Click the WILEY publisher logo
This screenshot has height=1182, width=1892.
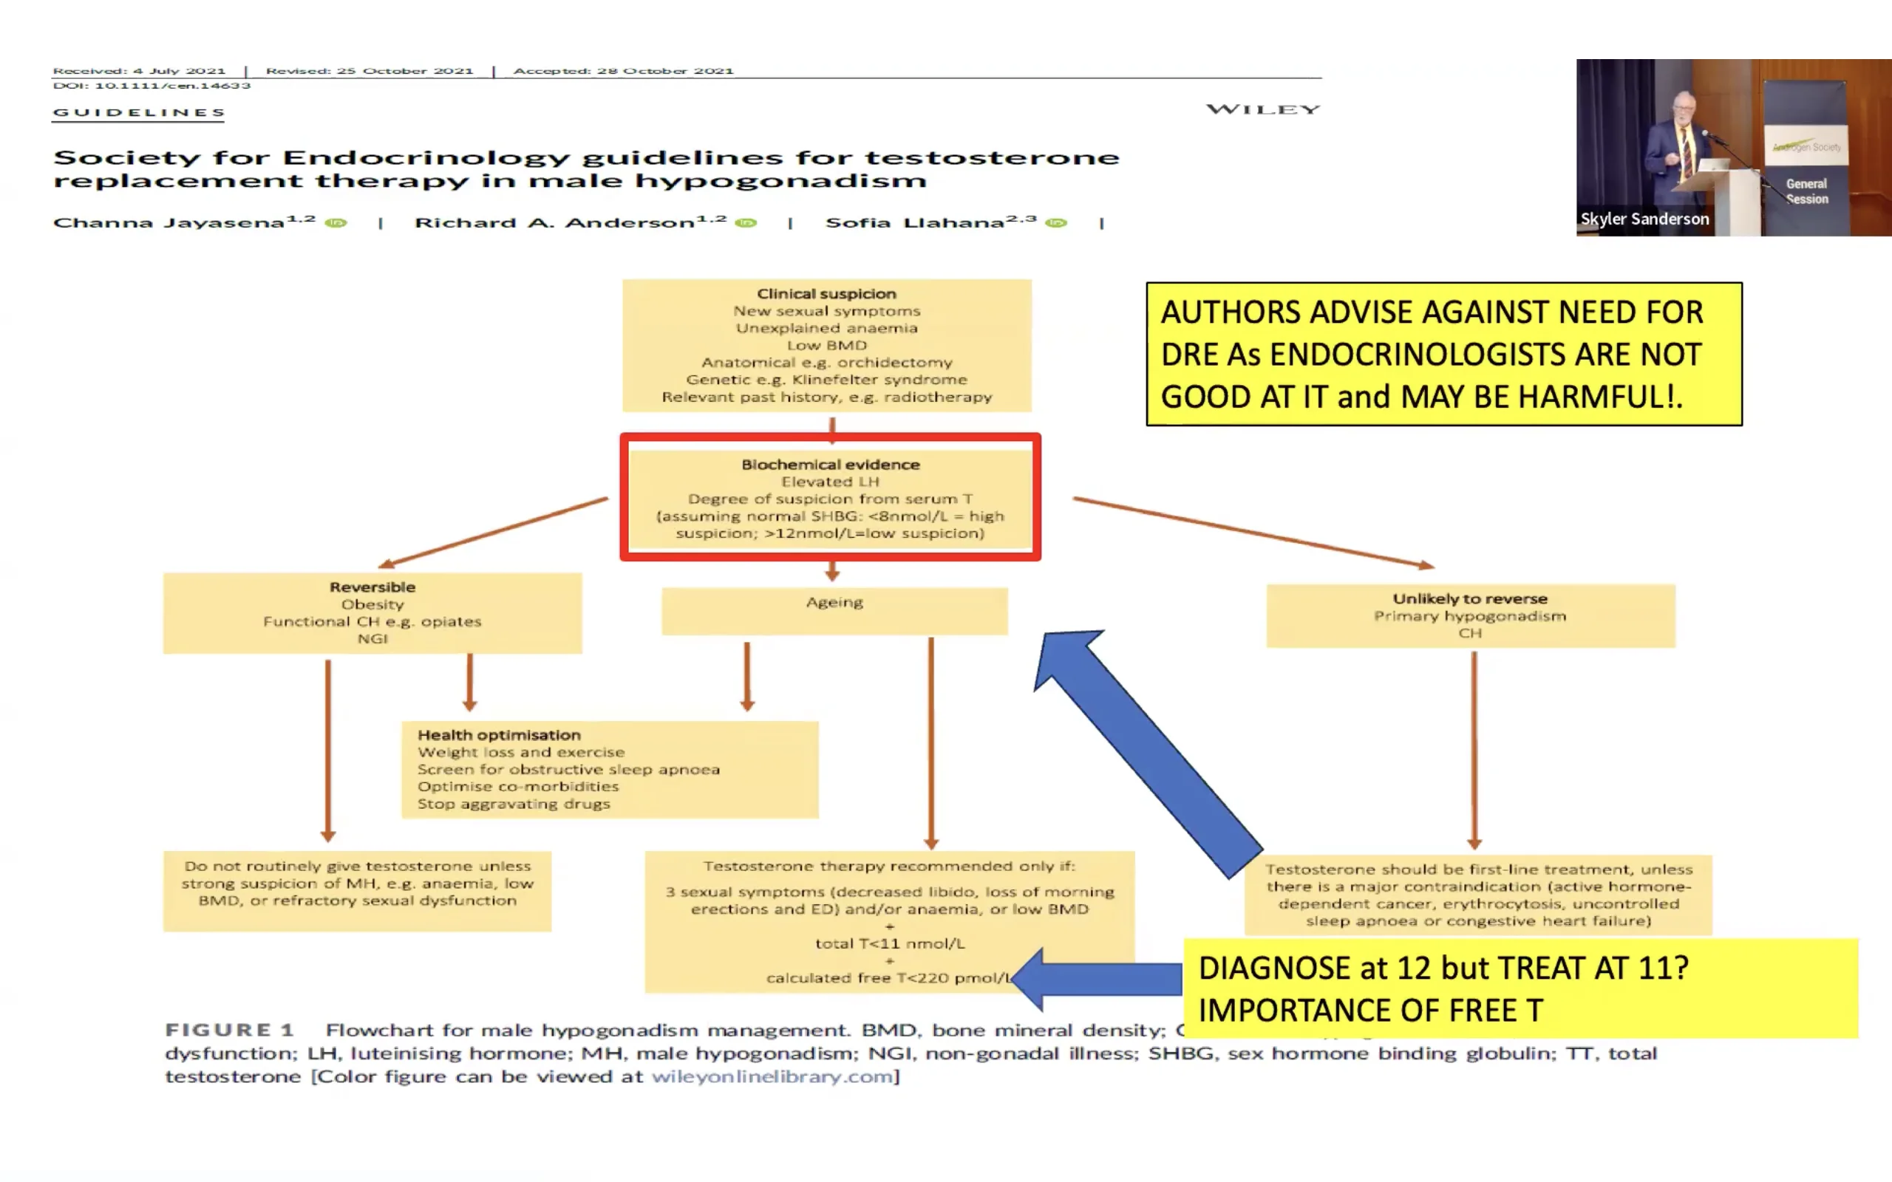pos(1262,109)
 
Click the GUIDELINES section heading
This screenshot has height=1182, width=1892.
pos(139,112)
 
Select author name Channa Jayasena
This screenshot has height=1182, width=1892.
pos(168,223)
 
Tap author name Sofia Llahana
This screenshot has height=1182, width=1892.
pos(915,223)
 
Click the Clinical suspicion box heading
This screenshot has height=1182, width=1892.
pos(826,294)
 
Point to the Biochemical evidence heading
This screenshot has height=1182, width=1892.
pos(830,465)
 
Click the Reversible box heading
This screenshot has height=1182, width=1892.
pos(372,587)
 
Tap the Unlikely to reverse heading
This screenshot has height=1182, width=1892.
pos(1470,599)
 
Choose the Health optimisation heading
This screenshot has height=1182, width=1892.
pos(499,735)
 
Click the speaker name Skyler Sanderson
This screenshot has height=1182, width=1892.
pos(1644,219)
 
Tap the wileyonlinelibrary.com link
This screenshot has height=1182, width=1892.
pos(772,1076)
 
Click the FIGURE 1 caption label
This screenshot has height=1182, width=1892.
pos(229,1031)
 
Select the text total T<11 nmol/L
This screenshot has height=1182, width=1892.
pos(890,943)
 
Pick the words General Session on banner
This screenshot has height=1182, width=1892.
pos(1807,191)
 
